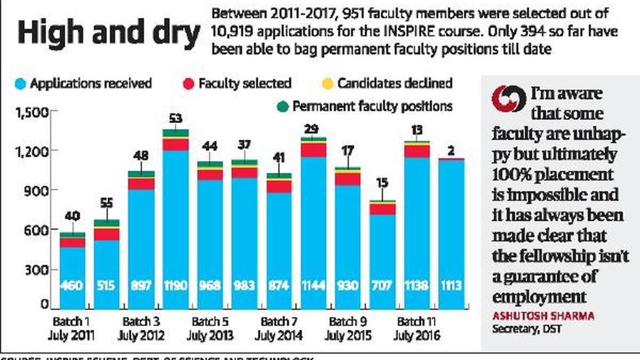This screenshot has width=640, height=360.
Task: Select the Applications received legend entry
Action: [85, 84]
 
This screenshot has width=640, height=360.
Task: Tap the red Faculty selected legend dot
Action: [188, 84]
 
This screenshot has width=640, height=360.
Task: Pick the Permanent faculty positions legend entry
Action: [365, 106]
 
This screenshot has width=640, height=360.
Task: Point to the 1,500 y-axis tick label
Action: [33, 113]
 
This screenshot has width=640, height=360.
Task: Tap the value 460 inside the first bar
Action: [72, 286]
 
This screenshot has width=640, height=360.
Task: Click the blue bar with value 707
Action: [383, 256]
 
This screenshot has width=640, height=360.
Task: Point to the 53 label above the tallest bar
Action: [176, 118]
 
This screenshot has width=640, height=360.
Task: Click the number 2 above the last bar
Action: [451, 151]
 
